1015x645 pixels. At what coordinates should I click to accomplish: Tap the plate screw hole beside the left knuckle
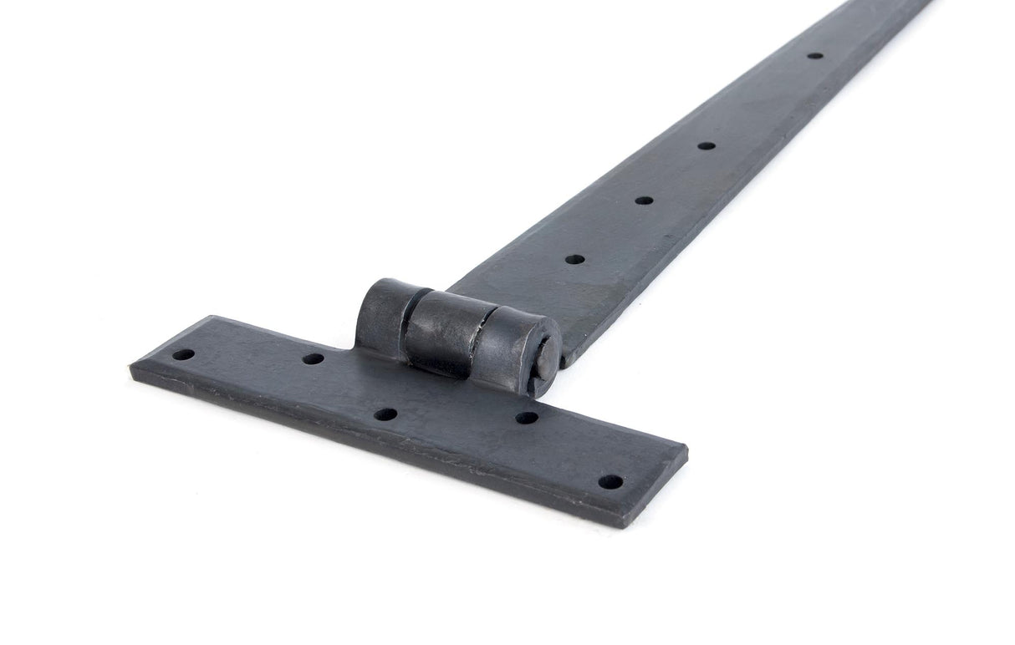(x=313, y=358)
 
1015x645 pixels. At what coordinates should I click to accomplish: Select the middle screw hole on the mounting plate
(x=385, y=414)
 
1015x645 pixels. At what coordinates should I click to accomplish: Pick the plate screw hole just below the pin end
(x=526, y=417)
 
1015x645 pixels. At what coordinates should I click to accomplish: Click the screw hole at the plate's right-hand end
(x=610, y=482)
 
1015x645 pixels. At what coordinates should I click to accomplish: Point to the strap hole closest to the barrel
(x=574, y=259)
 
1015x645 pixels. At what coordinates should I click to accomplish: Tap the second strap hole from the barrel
(x=643, y=201)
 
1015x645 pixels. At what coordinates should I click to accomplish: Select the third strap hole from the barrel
(x=706, y=145)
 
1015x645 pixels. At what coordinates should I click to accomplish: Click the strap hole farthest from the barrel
(x=814, y=56)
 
